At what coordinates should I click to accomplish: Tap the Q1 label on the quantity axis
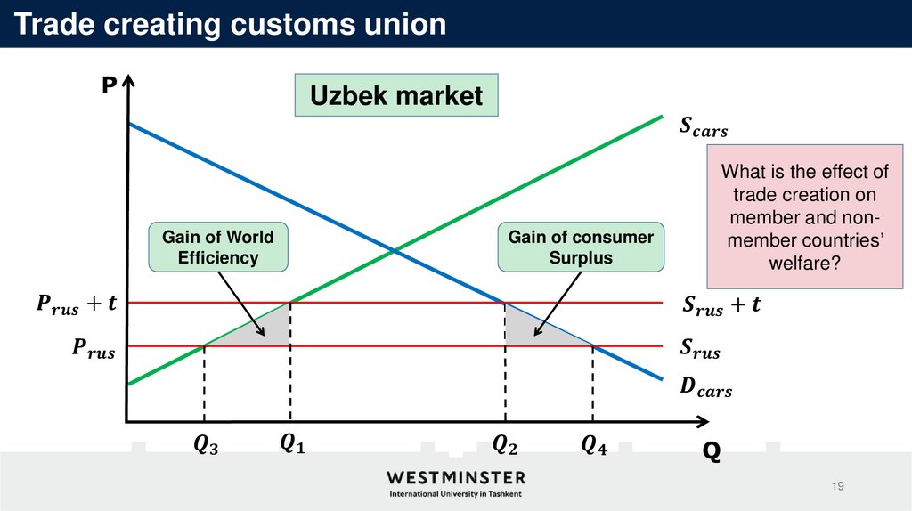coord(291,442)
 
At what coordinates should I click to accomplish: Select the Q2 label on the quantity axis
coord(506,442)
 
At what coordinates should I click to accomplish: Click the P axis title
coord(109,85)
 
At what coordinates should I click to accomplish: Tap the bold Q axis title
coord(711,453)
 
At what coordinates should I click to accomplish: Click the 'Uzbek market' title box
coord(396,96)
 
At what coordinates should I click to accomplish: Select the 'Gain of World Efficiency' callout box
coord(218,247)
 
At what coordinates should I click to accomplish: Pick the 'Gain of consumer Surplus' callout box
coord(581,247)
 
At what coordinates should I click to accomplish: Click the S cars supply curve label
coord(703,130)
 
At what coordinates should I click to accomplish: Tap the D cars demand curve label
coord(705,388)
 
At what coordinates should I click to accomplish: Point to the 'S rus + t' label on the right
coord(721,306)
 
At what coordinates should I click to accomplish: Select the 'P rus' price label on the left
coord(93,351)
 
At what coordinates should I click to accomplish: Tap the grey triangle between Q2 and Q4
coord(530,329)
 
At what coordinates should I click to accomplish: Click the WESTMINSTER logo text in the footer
coord(456,477)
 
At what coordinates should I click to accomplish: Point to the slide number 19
coord(837,486)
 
